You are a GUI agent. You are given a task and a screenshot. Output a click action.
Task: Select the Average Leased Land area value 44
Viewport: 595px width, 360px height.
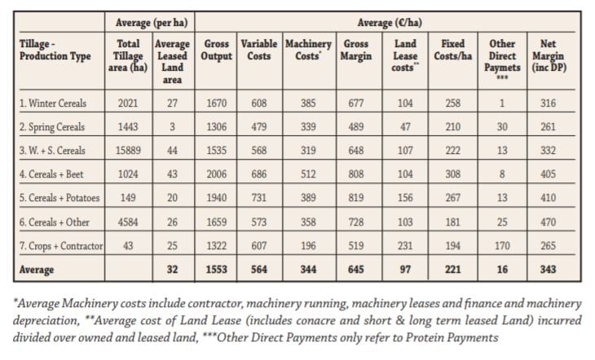[x=172, y=150]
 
